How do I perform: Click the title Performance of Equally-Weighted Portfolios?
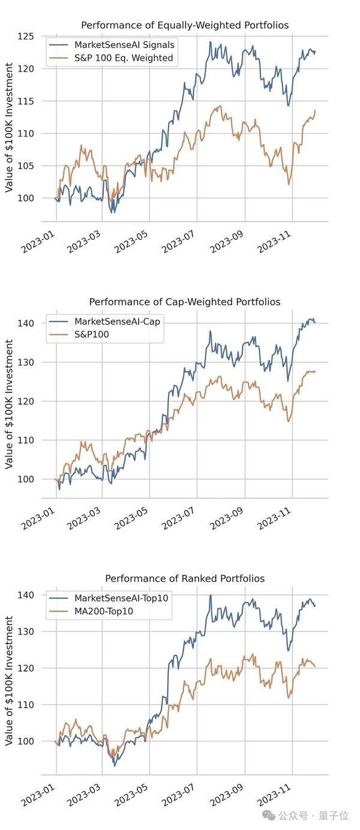(x=184, y=25)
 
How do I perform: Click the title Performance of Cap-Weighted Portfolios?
(x=184, y=302)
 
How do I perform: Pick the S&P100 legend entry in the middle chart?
(x=92, y=335)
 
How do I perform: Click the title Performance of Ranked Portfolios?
(x=184, y=579)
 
